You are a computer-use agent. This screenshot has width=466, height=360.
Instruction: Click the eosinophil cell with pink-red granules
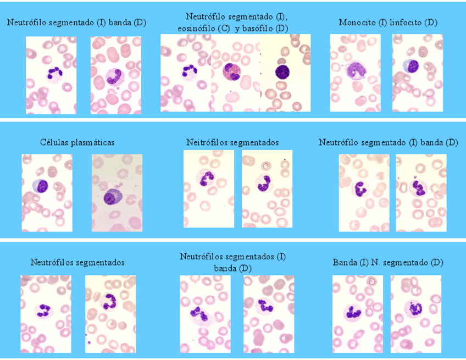point(232,72)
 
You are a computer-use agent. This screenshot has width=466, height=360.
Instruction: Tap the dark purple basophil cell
point(282,72)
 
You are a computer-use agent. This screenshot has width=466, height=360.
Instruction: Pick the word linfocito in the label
point(407,23)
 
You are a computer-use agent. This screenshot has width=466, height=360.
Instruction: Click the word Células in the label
point(55,142)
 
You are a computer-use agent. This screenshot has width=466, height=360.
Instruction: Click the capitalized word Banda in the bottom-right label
point(345,262)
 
